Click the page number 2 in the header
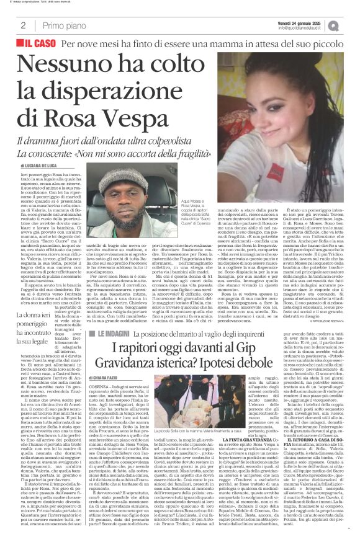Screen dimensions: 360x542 [22, 25]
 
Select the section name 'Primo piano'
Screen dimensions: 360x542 [61, 25]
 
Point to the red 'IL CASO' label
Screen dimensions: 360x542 [35, 45]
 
